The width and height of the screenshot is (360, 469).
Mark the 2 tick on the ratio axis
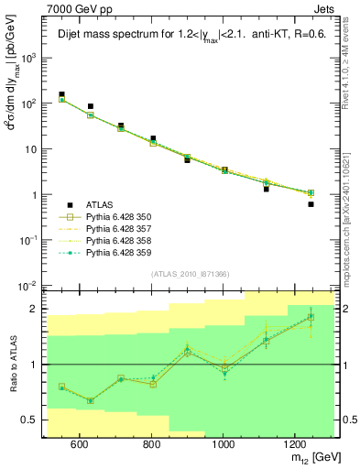point(37,309)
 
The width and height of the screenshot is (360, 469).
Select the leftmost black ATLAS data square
point(61,94)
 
